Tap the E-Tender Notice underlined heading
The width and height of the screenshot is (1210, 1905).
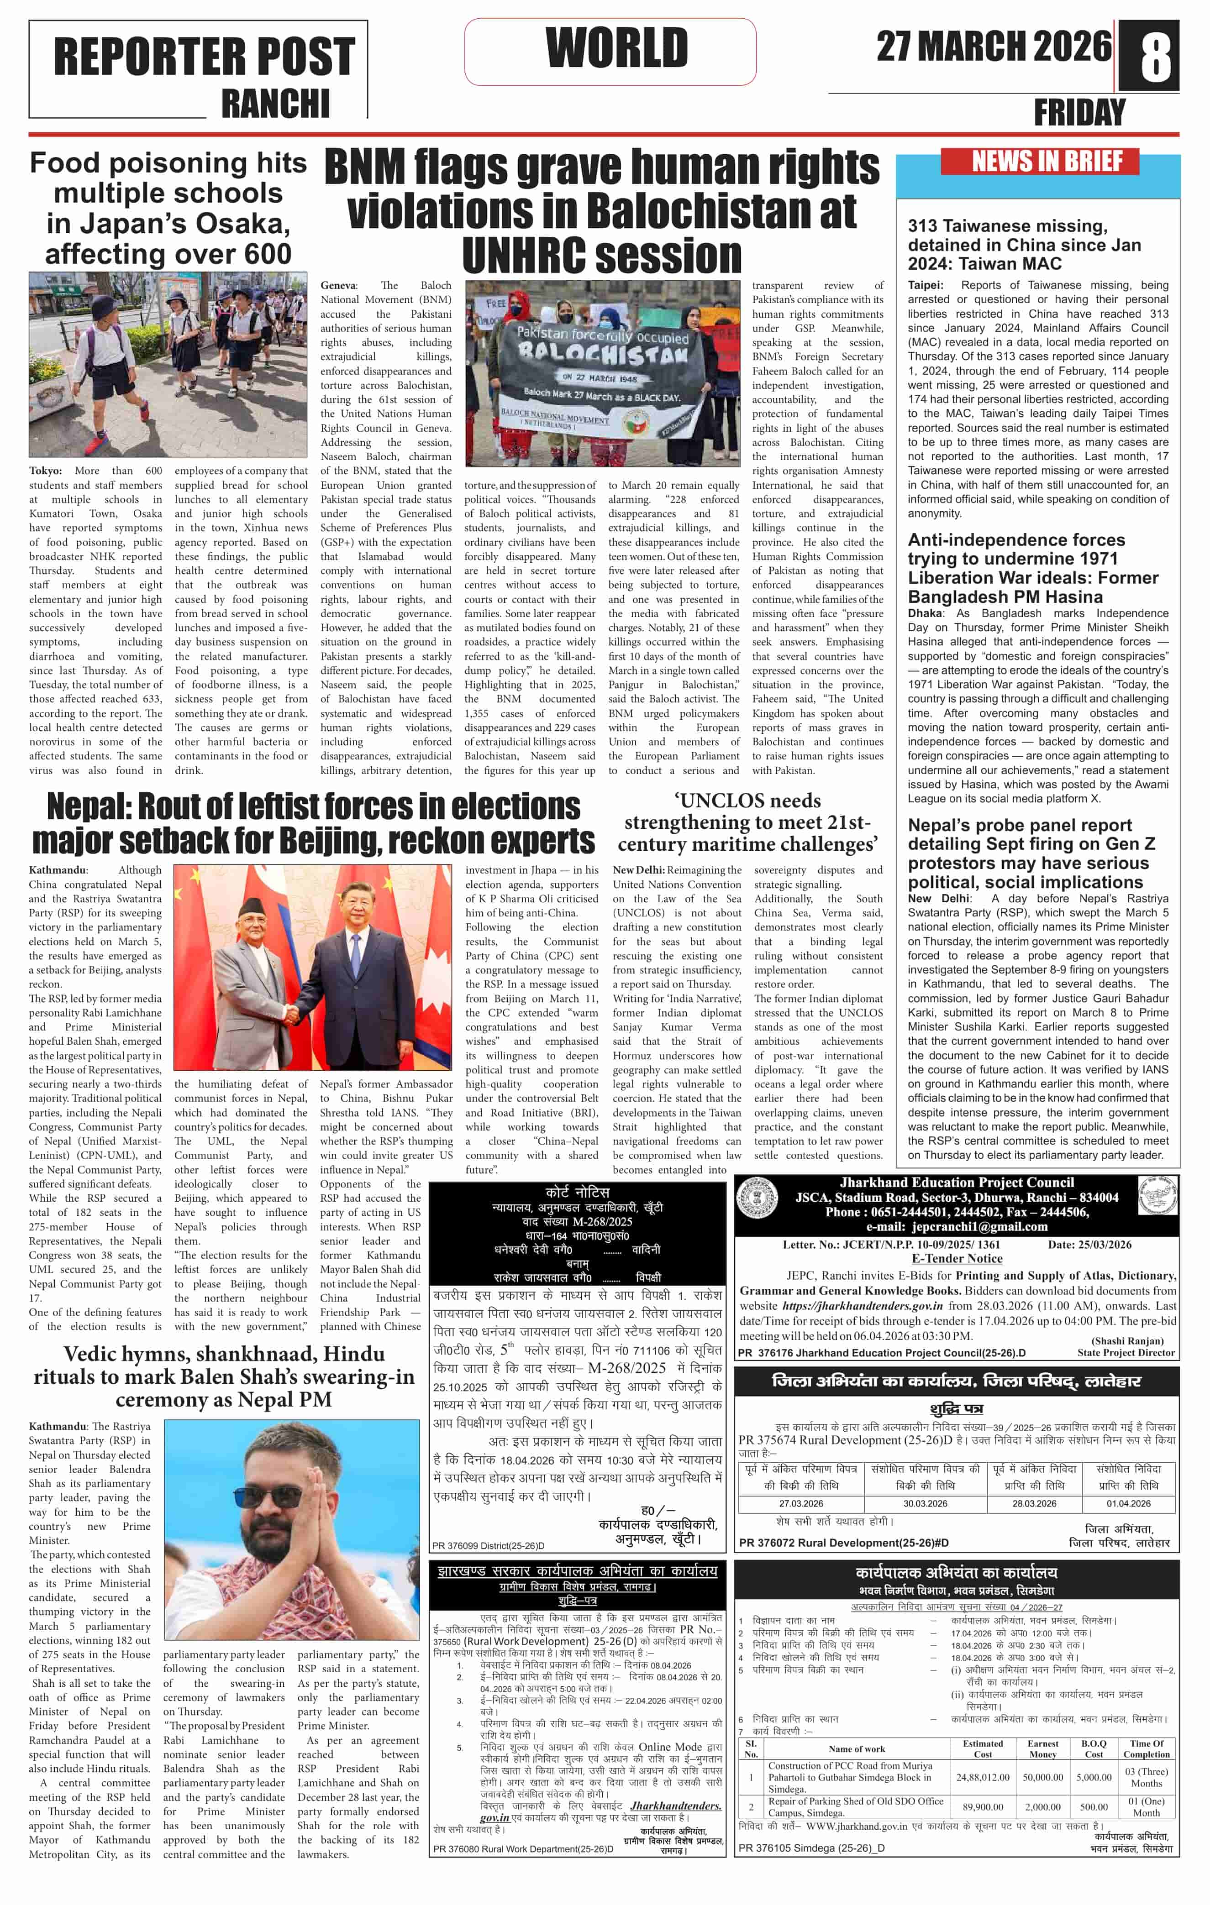pyautogui.click(x=956, y=1259)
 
